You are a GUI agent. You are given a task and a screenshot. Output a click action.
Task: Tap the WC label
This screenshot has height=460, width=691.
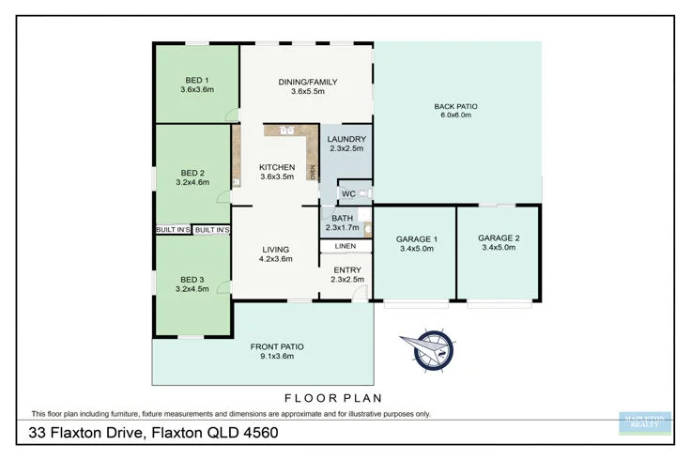pos(347,194)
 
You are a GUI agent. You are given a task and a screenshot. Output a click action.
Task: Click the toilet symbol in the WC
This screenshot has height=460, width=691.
pos(364,194)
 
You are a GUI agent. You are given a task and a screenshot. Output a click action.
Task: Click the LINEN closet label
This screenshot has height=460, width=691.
pos(345,246)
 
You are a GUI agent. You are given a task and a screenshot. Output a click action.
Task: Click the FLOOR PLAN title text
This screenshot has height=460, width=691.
pos(345,397)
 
